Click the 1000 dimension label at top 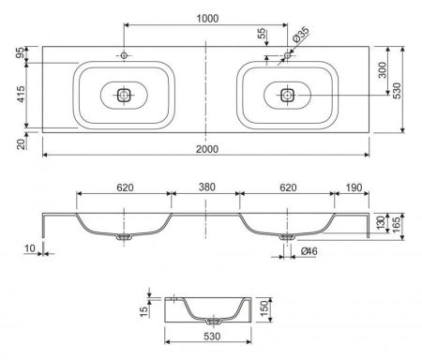click(x=207, y=19)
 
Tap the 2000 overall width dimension click(x=207, y=149)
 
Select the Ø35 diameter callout click(x=301, y=35)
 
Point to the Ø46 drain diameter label click(x=309, y=251)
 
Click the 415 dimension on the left click(x=21, y=94)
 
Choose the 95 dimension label click(x=21, y=52)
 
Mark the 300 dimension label click(x=382, y=70)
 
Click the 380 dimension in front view click(x=207, y=187)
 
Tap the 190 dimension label click(x=354, y=187)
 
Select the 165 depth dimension click(x=396, y=225)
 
